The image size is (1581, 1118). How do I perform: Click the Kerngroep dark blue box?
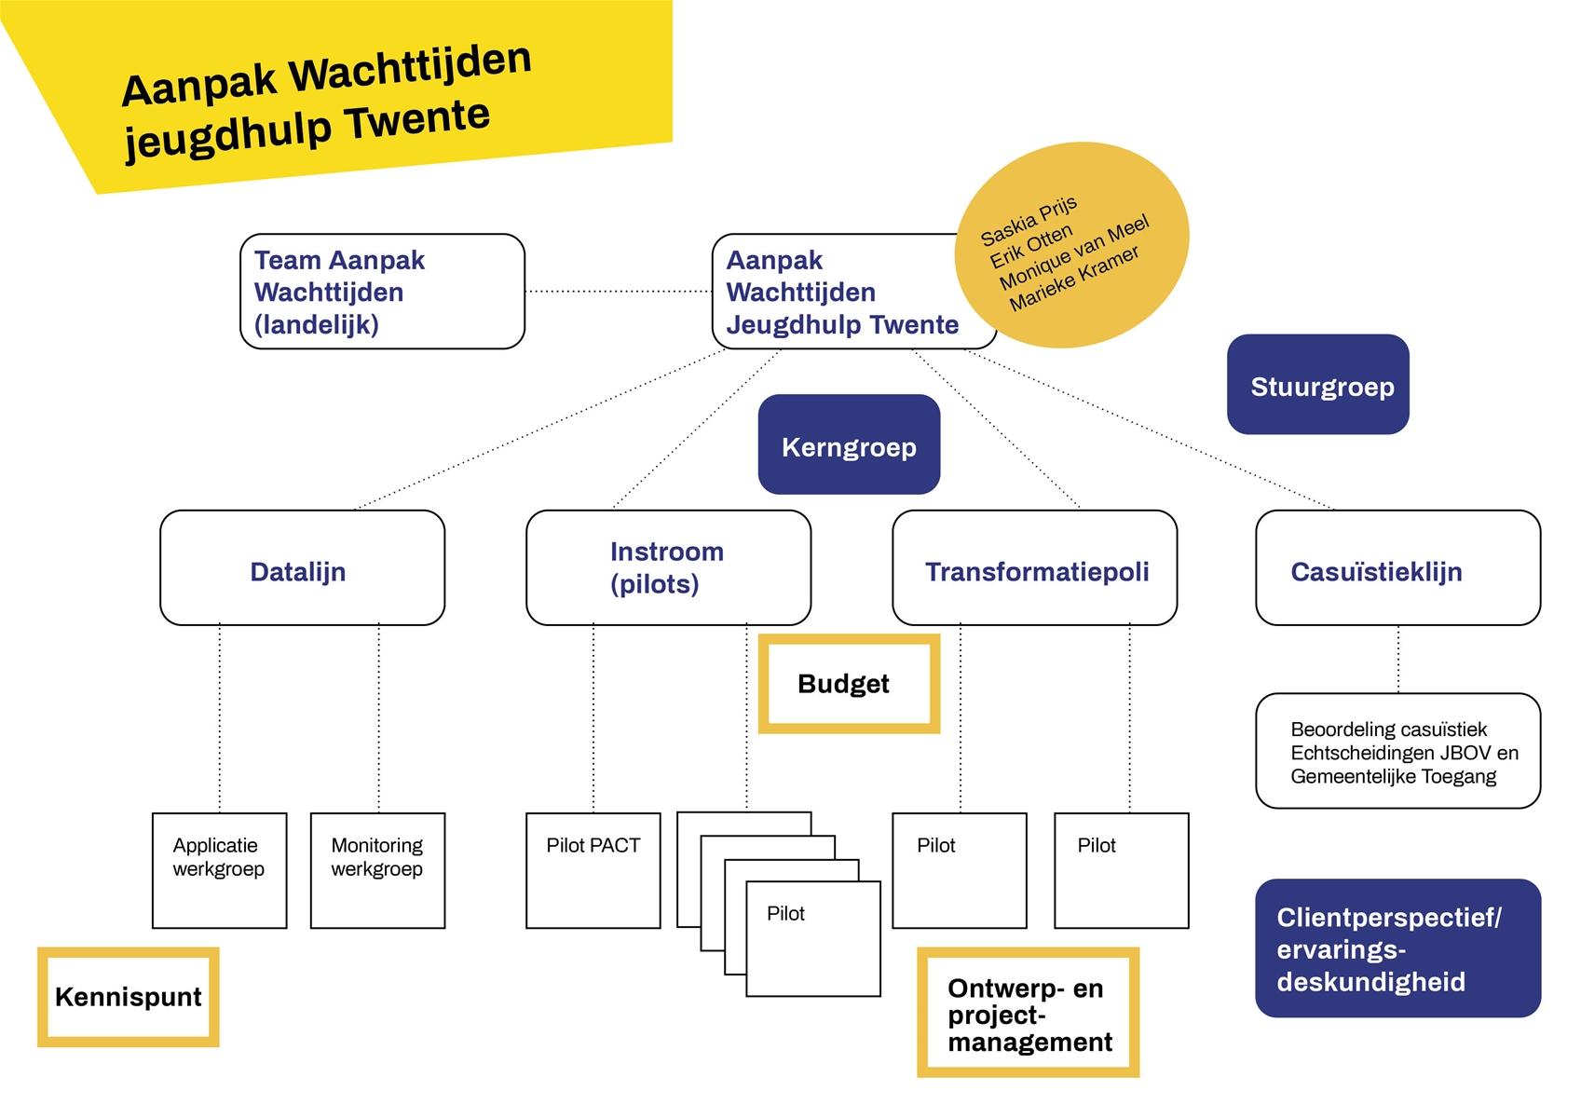coord(849,444)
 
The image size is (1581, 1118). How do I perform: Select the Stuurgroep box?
coord(1317,384)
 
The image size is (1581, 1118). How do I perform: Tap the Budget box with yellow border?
coord(848,684)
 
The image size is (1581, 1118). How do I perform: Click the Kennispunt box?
coord(129,997)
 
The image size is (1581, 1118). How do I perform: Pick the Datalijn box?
coord(302,568)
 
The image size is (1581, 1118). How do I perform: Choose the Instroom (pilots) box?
coord(668,568)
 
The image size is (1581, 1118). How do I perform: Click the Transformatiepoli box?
coord(1034,568)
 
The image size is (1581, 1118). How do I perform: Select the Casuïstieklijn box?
coord(1397,568)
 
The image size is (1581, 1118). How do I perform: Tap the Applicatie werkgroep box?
coord(219,870)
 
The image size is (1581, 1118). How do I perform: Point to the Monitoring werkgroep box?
coord(377,870)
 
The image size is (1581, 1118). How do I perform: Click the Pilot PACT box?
coord(593,870)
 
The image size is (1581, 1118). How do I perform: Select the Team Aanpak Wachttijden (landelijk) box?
coord(382,292)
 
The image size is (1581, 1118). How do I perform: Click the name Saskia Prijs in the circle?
coord(1029,221)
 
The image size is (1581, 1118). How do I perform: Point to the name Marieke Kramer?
coord(1074,279)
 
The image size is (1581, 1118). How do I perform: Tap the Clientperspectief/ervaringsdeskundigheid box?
coord(1397,948)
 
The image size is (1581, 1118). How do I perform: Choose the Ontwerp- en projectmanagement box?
coord(1029,1014)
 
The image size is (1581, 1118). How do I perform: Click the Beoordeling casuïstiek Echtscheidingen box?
coord(1397,752)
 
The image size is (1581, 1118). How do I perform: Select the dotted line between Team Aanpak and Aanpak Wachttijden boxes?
coord(618,292)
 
